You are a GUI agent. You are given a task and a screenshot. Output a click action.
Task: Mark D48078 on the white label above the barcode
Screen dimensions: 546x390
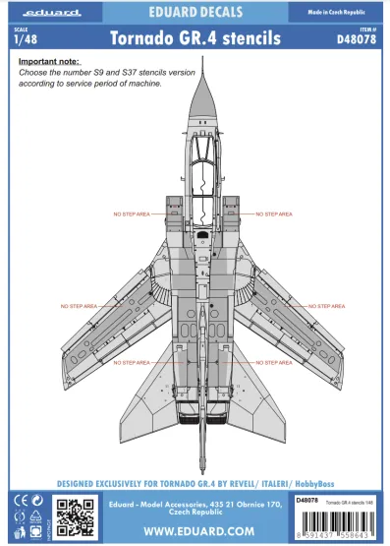click(306, 501)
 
